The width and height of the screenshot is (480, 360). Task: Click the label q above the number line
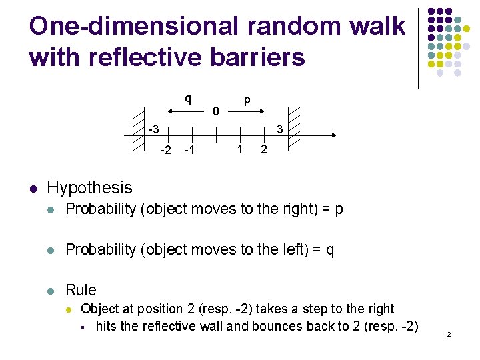pyautogui.click(x=189, y=99)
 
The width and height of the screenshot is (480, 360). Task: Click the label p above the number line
pyautogui.click(x=247, y=100)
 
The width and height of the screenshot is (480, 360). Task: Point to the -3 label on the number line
pyautogui.click(x=154, y=128)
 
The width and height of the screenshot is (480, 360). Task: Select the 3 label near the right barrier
pyautogui.click(x=281, y=128)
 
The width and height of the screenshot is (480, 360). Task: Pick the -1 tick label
pyautogui.click(x=190, y=149)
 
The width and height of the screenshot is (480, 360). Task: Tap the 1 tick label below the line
pyautogui.click(x=239, y=149)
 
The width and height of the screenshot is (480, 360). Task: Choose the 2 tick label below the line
pyautogui.click(x=264, y=149)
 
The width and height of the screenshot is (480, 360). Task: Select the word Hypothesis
pyautogui.click(x=90, y=188)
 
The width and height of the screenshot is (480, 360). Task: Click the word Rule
pyautogui.click(x=81, y=290)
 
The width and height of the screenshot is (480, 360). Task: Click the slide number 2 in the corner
pyautogui.click(x=449, y=333)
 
